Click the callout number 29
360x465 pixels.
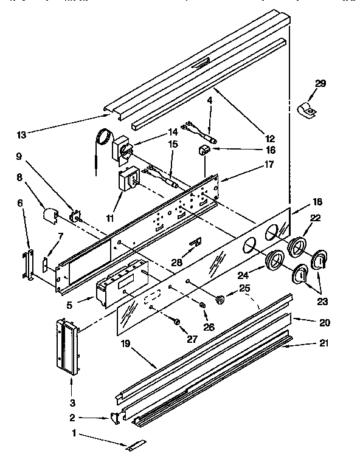(x=320, y=84)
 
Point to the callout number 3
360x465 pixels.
(x=73, y=402)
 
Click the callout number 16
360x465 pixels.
(x=269, y=150)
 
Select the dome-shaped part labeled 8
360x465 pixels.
(x=49, y=215)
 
